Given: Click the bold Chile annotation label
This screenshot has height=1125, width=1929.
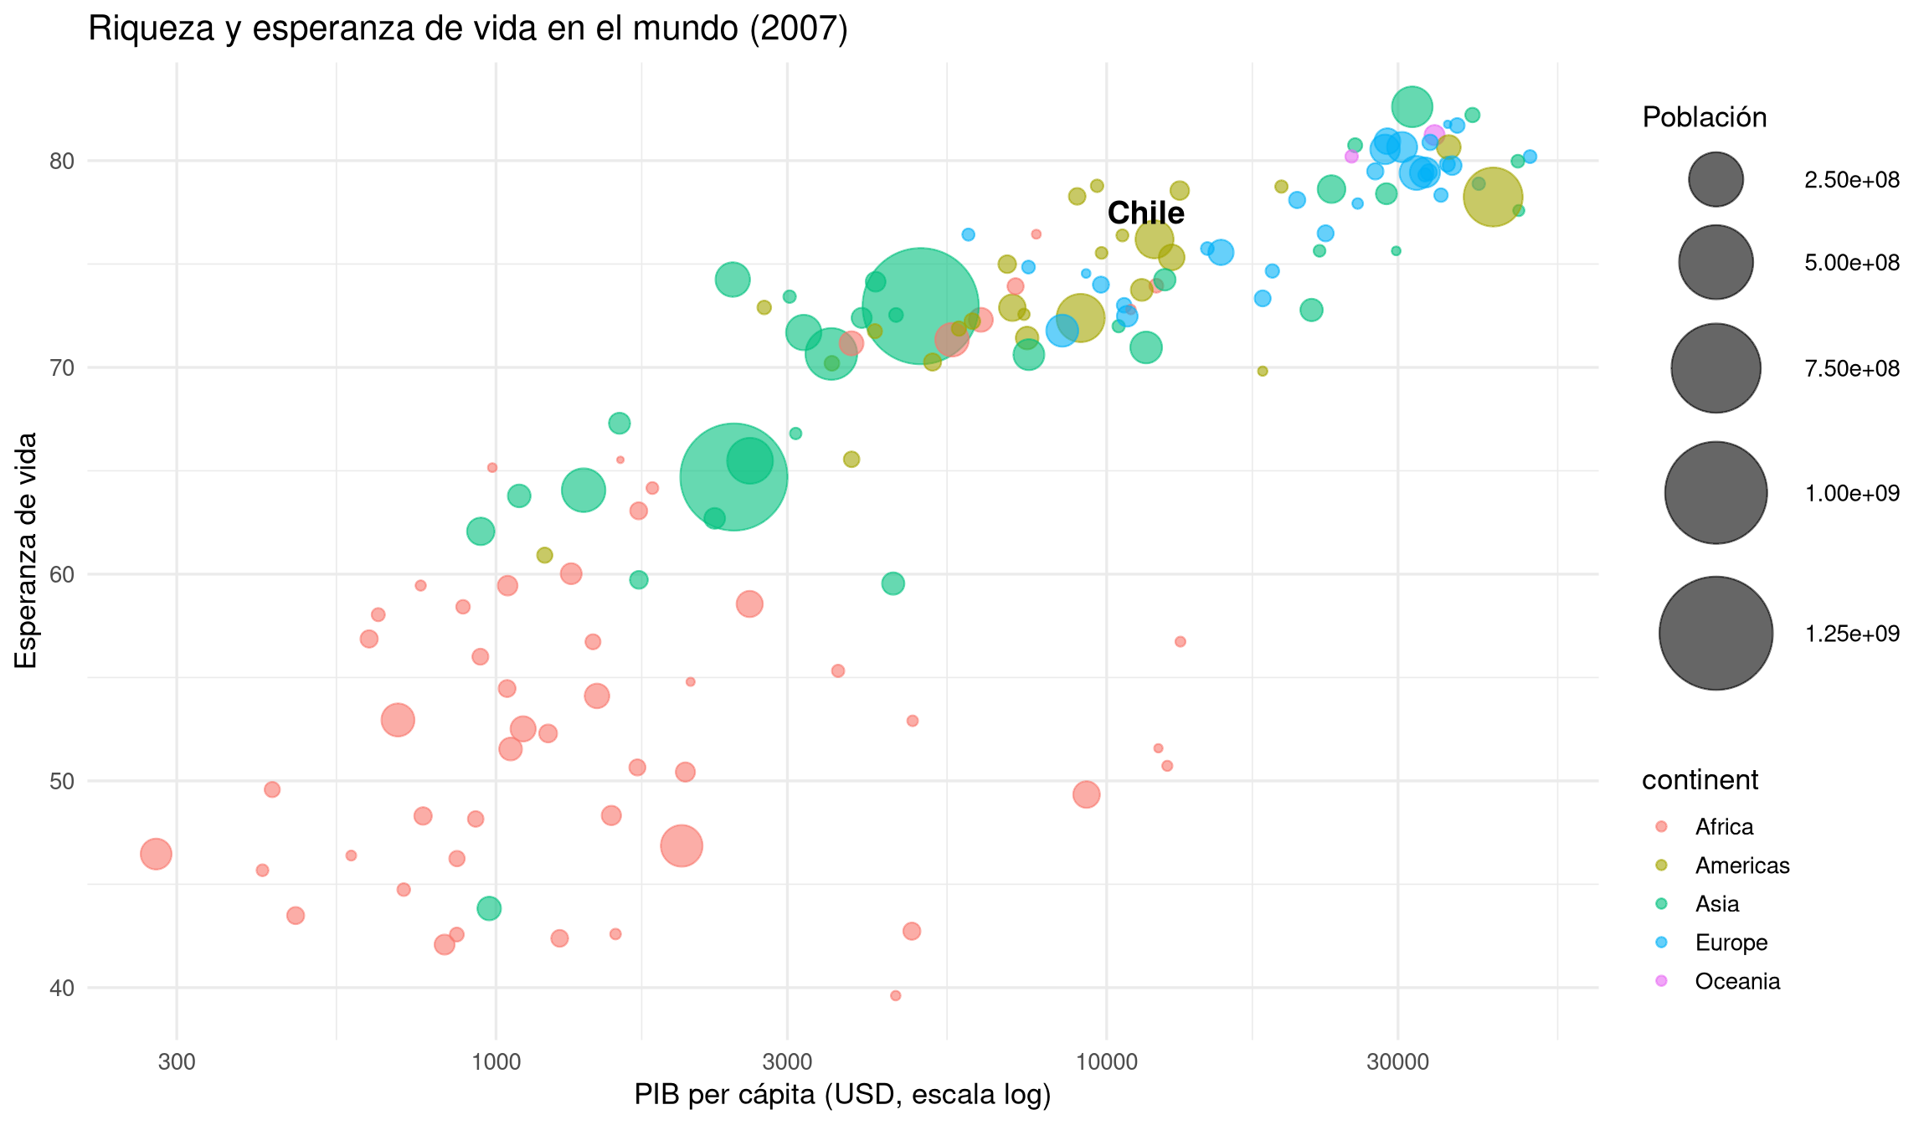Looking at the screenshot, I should point(1145,213).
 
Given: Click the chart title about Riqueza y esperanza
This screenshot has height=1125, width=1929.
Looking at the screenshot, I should point(468,29).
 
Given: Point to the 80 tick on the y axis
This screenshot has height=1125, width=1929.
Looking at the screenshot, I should point(62,161).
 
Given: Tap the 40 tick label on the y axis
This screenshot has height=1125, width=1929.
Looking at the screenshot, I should point(62,989).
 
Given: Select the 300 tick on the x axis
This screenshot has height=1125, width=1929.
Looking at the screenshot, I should point(177,1062).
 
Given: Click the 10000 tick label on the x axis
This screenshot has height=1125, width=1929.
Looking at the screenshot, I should point(1106,1062).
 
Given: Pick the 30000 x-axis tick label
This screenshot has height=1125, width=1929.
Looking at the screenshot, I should point(1397,1062).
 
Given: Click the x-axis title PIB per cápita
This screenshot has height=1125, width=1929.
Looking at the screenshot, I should point(842,1095).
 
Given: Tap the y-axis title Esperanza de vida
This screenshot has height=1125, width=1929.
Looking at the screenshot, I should point(27,550).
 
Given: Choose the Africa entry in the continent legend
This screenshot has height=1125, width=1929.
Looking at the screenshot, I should point(1724,827).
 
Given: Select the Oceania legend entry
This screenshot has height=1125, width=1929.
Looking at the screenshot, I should point(1737,981).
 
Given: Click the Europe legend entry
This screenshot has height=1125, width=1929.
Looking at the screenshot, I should point(1731,943).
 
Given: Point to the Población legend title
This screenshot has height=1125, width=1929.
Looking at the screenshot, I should point(1704,117).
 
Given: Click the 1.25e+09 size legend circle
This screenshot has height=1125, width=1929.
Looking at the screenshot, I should point(1716,633).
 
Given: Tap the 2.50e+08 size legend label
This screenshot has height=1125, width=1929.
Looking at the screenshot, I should point(1852,180).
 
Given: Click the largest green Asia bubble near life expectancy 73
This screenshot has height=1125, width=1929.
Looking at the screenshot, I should point(920,306).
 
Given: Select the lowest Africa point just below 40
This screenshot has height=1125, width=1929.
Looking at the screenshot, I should point(895,995).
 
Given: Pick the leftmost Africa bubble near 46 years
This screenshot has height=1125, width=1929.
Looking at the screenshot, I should point(156,854).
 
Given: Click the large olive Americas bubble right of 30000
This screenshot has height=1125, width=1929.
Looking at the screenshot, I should point(1493,198).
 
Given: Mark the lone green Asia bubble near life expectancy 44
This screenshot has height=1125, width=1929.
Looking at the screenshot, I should point(489,908).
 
